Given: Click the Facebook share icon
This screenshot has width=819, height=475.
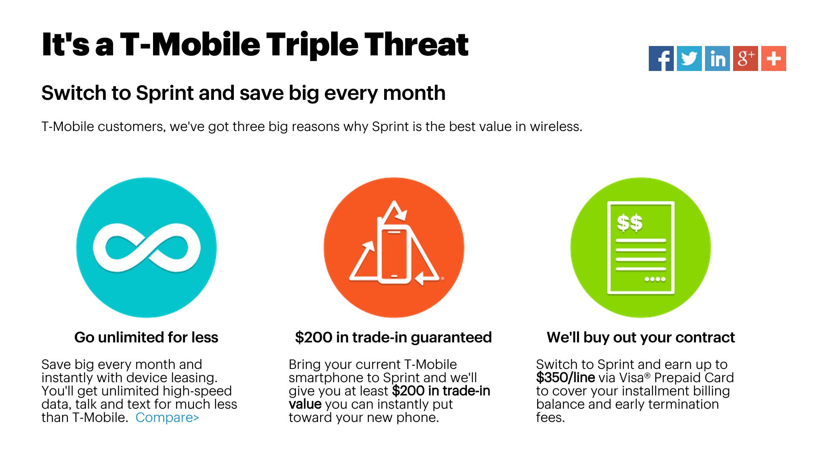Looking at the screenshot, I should [x=661, y=58].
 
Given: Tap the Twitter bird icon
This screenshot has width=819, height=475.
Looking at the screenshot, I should [x=689, y=58].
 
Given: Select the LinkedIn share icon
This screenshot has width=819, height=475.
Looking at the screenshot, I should [x=717, y=58].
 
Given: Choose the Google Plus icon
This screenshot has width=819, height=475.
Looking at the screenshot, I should [x=745, y=58].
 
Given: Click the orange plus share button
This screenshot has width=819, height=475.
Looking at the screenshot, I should [x=773, y=58].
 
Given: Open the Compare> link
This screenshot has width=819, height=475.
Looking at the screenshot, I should [x=167, y=418].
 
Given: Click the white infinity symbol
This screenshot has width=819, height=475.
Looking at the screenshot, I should [x=146, y=248].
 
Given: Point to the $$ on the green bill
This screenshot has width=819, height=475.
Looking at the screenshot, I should [x=629, y=223].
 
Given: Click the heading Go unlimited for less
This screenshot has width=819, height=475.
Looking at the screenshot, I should [x=146, y=337].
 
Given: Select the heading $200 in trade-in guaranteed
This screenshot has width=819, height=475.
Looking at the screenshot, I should [x=393, y=337].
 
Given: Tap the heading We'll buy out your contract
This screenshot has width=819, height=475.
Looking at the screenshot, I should [x=641, y=337].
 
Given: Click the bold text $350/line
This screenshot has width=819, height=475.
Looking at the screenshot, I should [x=565, y=378].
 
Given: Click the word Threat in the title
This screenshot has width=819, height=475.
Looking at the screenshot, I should [x=416, y=45].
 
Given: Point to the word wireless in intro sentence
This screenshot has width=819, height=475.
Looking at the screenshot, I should [x=555, y=127].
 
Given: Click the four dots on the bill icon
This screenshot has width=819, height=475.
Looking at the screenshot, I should [x=655, y=279].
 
